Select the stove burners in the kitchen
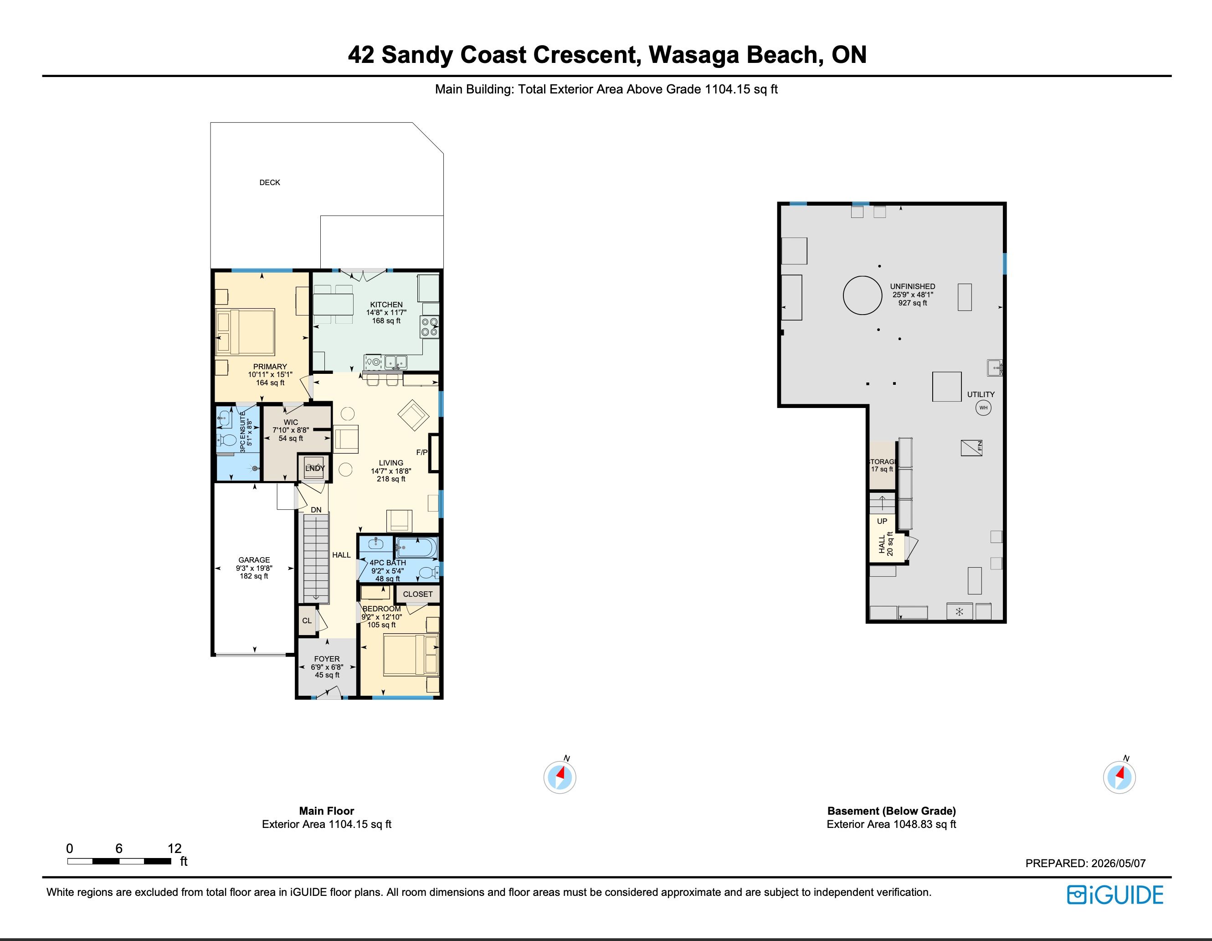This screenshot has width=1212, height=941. pos(430,326)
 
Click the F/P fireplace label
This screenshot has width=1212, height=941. pos(422,452)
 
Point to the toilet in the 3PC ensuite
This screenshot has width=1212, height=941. pos(226,441)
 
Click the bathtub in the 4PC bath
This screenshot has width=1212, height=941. pos(416,548)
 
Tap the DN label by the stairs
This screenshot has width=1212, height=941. pos(316,510)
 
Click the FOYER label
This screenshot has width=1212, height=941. pos(327,659)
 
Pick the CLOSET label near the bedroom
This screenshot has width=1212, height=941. pos(417,594)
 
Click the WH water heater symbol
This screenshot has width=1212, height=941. pos(983,408)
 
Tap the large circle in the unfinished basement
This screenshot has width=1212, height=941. pos(863,295)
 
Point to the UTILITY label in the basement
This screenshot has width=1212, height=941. pos(981,394)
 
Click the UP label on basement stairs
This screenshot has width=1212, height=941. pos(882,521)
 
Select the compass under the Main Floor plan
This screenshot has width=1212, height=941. pos(560,777)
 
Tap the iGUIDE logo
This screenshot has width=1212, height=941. pos(1115,895)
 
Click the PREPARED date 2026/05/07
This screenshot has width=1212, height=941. pos(1118,863)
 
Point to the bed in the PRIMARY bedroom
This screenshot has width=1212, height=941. pos(245,332)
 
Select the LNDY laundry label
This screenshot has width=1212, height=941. pos(315,468)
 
